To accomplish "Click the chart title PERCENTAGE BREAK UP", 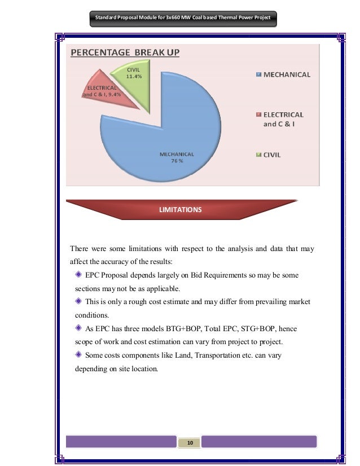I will click(125, 53).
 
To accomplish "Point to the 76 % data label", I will click(177, 161).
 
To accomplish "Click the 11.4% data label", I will click(134, 76).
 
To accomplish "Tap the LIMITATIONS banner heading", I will click(181, 209).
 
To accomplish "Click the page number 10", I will click(190, 443).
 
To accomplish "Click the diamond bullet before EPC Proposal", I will click(78, 275).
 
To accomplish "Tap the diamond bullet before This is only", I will click(78, 301).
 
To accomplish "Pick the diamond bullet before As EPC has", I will click(78, 328).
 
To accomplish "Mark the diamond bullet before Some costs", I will click(78, 355).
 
